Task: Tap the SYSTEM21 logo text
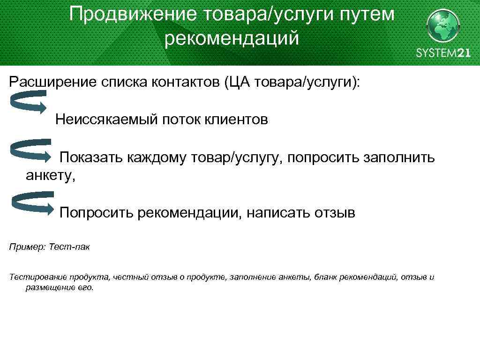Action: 443,52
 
